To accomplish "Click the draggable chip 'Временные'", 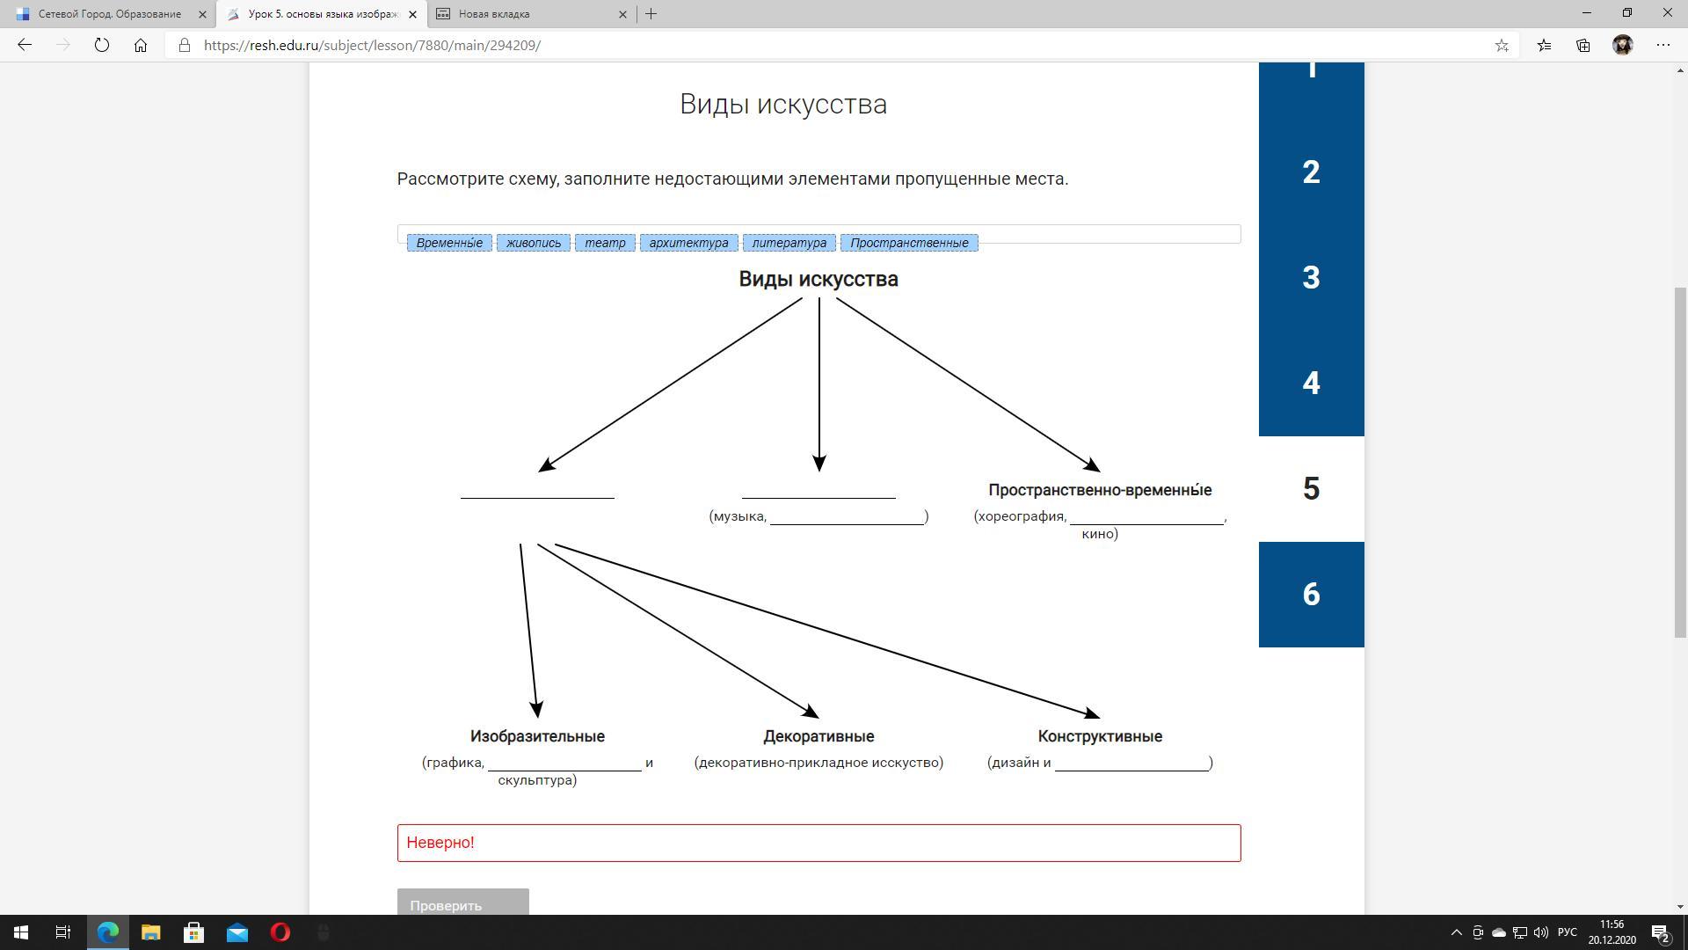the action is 449,243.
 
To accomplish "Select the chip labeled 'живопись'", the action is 534,243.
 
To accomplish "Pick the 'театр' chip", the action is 605,243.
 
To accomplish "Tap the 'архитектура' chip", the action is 688,243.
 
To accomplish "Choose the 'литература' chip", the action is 789,243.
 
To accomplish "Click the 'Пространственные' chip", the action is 909,243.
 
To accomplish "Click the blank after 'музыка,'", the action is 847,516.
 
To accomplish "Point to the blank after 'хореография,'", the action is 1146,516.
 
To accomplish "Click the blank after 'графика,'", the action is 564,763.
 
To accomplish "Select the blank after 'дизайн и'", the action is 1131,763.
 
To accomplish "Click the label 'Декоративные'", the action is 819,736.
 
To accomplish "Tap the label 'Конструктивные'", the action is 1100,736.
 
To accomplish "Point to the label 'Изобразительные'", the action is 537,736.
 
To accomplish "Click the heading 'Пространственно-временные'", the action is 1100,490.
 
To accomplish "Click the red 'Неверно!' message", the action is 440,843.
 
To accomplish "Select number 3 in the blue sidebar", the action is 1311,278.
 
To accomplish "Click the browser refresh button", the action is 102,45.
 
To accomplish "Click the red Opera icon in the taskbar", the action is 280,932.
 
